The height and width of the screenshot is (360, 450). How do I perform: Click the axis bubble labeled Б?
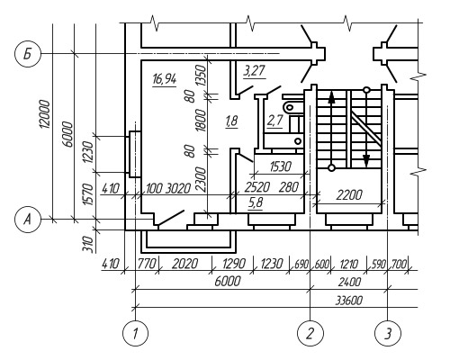tap(27, 54)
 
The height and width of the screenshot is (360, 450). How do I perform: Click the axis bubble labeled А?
tap(27, 220)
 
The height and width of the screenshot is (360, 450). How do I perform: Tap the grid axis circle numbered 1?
tap(135, 333)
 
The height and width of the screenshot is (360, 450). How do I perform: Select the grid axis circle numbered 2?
tap(310, 333)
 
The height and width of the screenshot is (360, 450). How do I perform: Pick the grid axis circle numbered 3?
tap(388, 333)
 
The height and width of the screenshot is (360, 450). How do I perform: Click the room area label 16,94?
tap(165, 79)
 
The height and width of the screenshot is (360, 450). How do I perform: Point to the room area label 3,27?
tap(254, 71)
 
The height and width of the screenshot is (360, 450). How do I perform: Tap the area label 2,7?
tap(274, 121)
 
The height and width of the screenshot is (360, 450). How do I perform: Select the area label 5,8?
tap(256, 203)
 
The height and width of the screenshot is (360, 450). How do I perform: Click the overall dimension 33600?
tap(348, 301)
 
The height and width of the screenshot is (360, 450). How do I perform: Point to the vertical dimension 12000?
tap(44, 114)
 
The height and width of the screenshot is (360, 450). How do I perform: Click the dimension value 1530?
tap(281, 166)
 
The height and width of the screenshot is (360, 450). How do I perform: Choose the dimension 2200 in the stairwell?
tap(349, 195)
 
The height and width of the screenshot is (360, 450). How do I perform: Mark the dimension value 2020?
tap(184, 264)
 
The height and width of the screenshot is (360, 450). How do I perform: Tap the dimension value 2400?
tap(349, 282)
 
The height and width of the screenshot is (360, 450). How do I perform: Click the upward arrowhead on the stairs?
tap(331, 97)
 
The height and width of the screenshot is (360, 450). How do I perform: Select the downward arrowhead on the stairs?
tap(366, 160)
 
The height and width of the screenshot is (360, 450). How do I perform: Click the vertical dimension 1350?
tap(202, 75)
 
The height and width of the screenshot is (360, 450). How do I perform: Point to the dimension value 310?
tap(89, 244)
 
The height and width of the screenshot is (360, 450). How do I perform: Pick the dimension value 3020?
tap(178, 189)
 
